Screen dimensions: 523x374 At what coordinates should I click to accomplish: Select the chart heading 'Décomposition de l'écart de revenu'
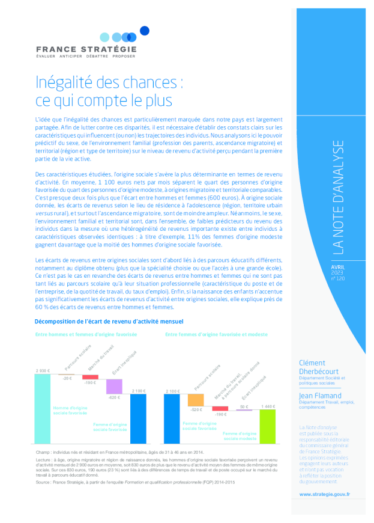(x=109, y=322)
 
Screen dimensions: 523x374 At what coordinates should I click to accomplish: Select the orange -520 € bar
(x=196, y=400)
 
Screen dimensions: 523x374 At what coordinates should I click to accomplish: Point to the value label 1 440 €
(x=268, y=407)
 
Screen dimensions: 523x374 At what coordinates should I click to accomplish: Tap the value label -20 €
(x=67, y=378)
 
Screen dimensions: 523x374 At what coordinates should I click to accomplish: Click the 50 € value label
(x=244, y=407)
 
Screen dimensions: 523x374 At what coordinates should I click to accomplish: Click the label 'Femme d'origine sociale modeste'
(x=240, y=435)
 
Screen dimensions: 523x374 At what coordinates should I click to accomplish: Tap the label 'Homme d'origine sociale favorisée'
(x=70, y=410)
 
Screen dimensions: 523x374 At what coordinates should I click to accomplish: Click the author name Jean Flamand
(x=320, y=396)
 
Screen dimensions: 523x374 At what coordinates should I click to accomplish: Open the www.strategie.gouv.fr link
(x=324, y=494)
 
